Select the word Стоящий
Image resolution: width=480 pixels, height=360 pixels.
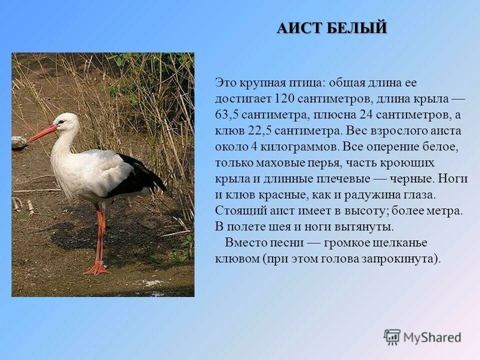click(237, 210)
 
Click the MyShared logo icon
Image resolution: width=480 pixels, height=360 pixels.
click(392, 337)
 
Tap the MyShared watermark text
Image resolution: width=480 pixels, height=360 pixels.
click(432, 337)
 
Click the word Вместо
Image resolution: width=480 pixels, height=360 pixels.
click(244, 242)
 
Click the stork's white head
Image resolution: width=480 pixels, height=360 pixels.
click(67, 121)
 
